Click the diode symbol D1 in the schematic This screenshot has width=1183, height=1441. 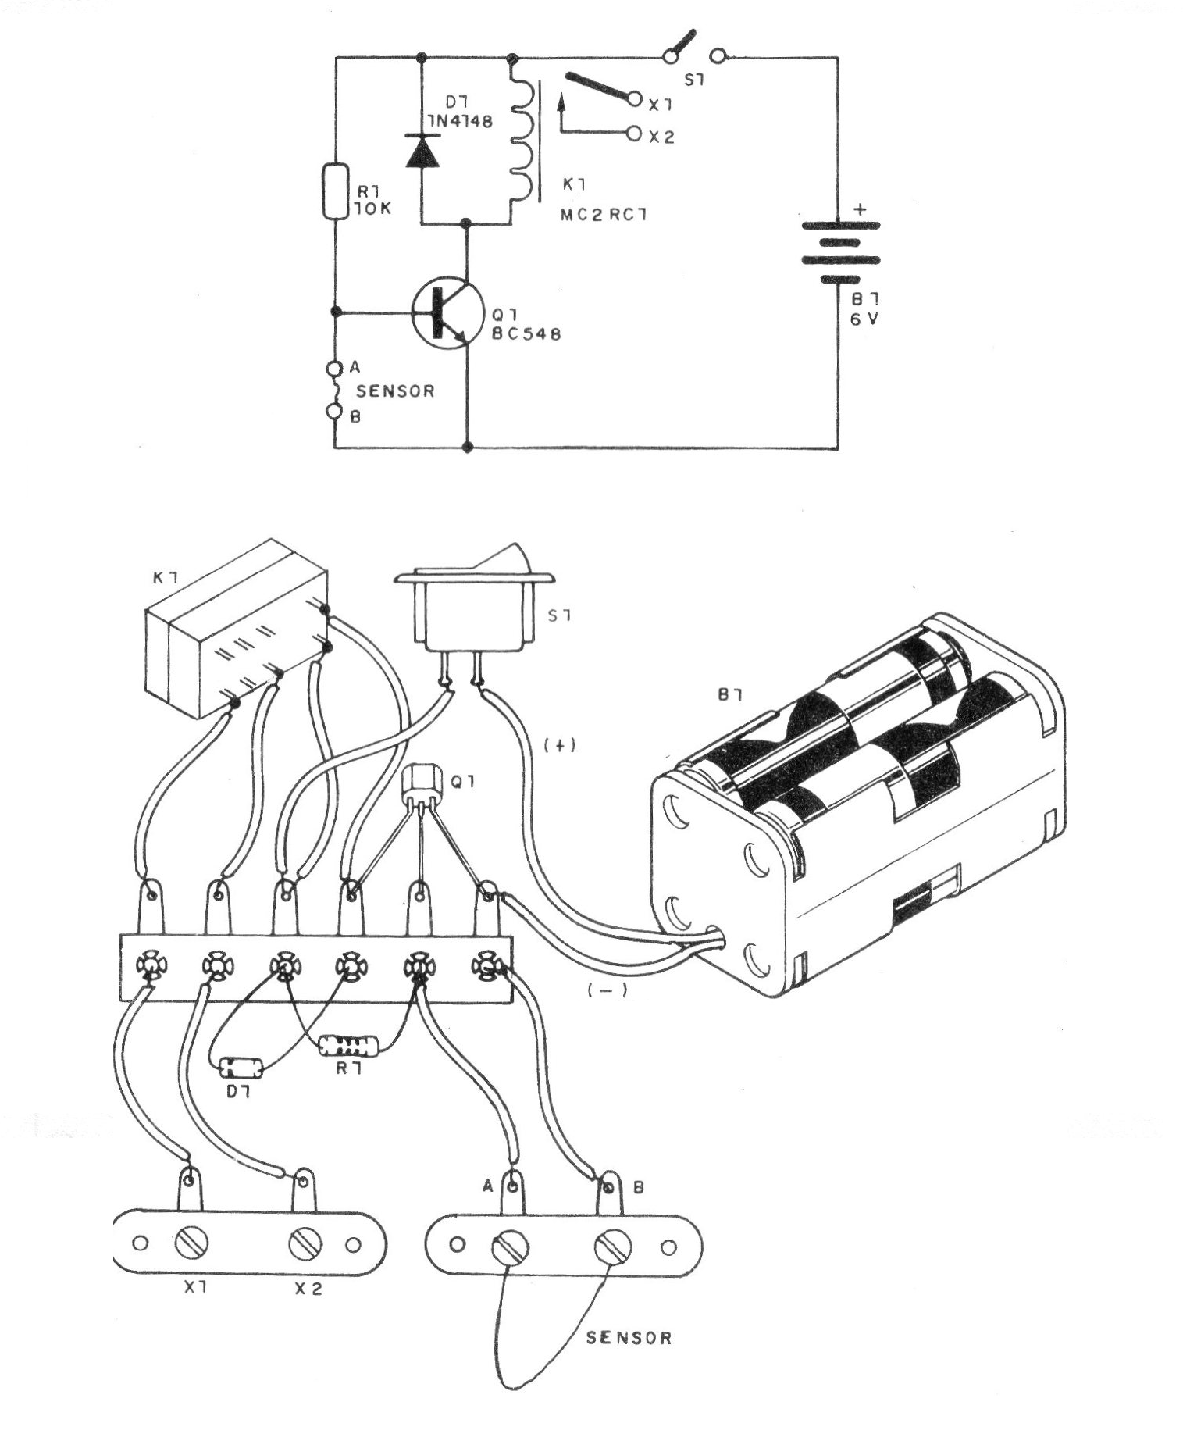(x=422, y=150)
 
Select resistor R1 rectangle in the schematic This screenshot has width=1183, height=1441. (x=335, y=191)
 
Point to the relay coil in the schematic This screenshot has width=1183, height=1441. (x=521, y=141)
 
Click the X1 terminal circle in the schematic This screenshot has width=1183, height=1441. (x=634, y=101)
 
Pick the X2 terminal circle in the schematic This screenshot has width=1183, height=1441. (x=634, y=134)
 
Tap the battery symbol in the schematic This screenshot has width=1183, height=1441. (x=839, y=251)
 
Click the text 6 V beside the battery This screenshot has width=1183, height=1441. (x=863, y=319)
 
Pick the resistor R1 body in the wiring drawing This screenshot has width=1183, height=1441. (x=348, y=1045)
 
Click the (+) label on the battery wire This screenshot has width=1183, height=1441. (x=560, y=745)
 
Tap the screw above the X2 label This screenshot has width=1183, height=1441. (x=305, y=1243)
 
